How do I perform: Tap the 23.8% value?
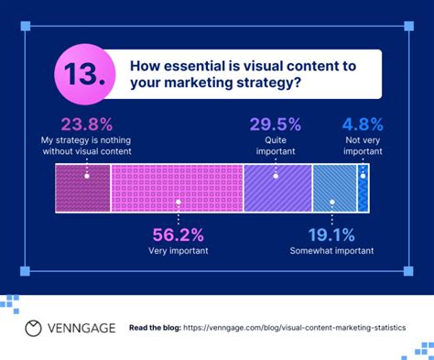click(86, 125)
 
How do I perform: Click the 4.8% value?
click(363, 125)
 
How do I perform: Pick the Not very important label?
click(363, 147)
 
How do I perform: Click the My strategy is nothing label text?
click(86, 141)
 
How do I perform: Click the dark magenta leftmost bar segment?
click(83, 189)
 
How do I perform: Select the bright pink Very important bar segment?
click(177, 189)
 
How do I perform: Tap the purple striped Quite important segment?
click(277, 189)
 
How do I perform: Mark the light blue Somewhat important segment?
click(333, 189)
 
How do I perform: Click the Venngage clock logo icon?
click(34, 327)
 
